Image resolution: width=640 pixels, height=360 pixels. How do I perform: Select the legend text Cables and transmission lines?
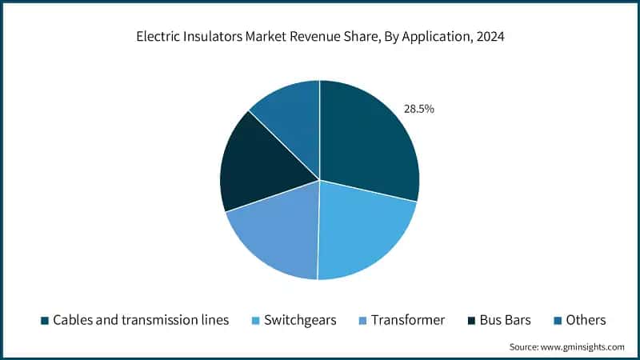141,320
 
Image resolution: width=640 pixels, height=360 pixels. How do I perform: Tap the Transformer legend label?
409,320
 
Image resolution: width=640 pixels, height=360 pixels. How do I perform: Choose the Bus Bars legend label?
505,320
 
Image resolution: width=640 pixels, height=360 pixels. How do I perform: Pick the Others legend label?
586,320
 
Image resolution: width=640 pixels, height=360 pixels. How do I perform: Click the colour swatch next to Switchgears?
257,321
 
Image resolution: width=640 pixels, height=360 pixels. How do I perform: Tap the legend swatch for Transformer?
365,321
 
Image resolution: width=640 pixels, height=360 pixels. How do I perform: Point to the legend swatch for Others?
558,321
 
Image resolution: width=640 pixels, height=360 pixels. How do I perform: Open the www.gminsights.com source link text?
583,346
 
